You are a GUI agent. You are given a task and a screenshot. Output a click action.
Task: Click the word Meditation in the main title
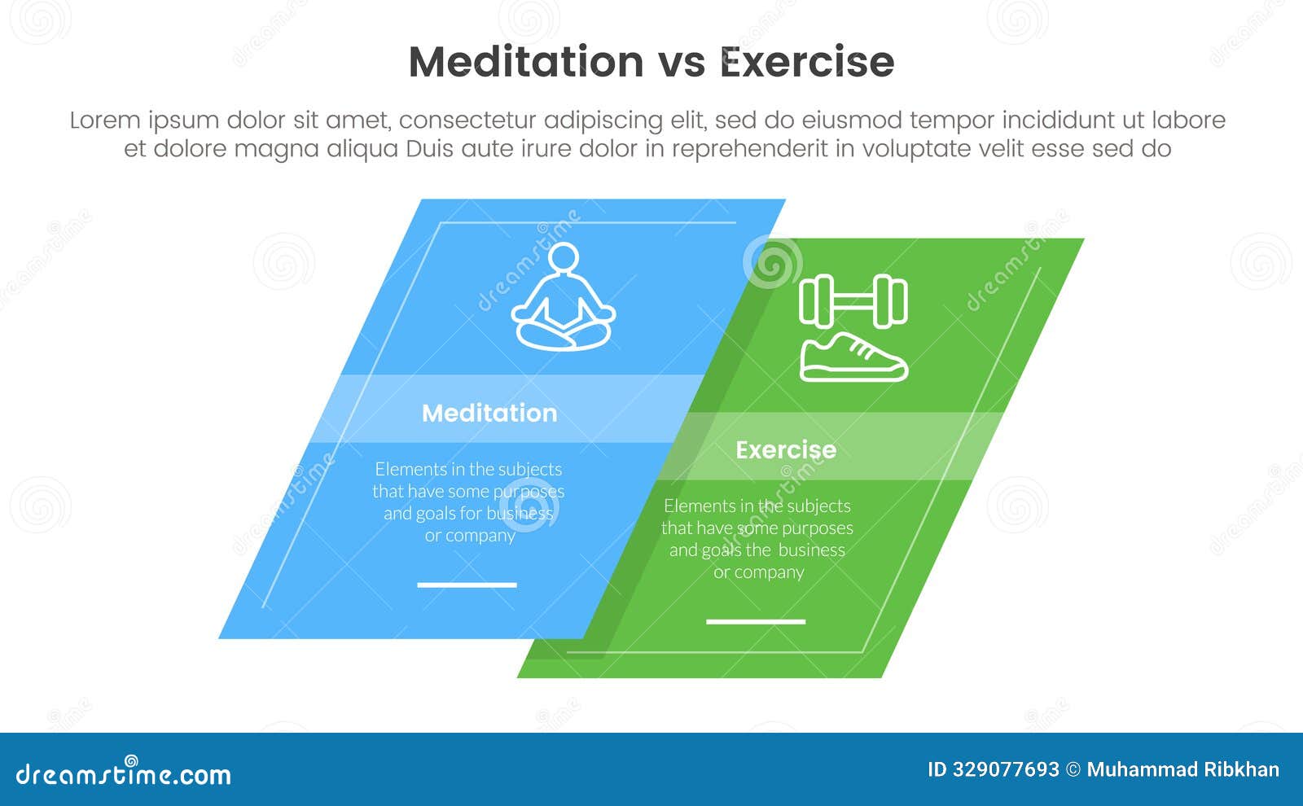coord(525,62)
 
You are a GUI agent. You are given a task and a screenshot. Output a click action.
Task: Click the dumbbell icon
coord(853,300)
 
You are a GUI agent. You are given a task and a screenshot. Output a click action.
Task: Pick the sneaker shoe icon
coord(853,359)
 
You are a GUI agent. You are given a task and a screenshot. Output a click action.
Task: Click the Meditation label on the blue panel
coord(489,413)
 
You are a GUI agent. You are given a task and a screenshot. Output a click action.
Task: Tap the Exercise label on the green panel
coord(785,449)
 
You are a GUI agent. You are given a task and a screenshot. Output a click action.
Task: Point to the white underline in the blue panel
coord(467,585)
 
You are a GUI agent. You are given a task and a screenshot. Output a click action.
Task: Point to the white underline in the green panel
coord(756,621)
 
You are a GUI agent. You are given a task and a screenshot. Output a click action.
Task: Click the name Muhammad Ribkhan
coord(1182,769)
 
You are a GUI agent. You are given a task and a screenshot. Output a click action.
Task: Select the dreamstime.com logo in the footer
coord(124,773)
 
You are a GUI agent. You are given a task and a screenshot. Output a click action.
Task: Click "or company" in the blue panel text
coord(470,536)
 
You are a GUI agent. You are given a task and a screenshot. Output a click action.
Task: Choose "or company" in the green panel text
coord(758,572)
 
